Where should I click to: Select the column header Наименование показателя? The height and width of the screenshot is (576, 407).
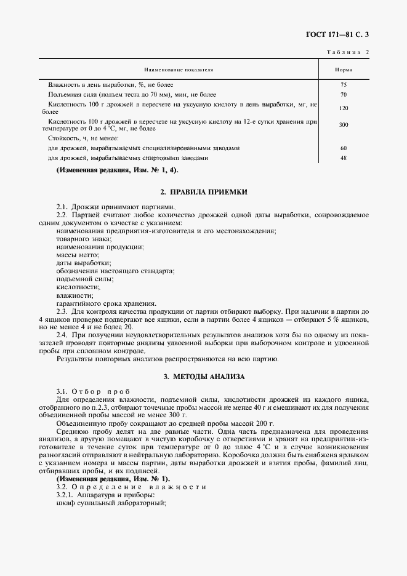[x=179, y=70]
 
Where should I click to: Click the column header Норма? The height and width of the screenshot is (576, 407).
[x=343, y=70]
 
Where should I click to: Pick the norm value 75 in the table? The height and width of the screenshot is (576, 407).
[x=344, y=84]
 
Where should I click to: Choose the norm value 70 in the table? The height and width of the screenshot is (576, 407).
[x=344, y=95]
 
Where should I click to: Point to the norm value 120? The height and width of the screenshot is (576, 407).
[x=344, y=108]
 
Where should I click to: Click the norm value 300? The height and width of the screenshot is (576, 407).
[x=344, y=124]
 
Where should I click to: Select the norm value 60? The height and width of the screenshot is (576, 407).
[x=344, y=148]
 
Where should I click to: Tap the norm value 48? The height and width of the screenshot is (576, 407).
[x=344, y=158]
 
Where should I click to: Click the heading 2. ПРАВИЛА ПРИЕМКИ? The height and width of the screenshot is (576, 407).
[x=204, y=192]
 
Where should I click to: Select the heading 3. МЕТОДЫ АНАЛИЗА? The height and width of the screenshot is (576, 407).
[x=204, y=375]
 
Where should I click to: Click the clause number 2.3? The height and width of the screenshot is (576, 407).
[x=62, y=311]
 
